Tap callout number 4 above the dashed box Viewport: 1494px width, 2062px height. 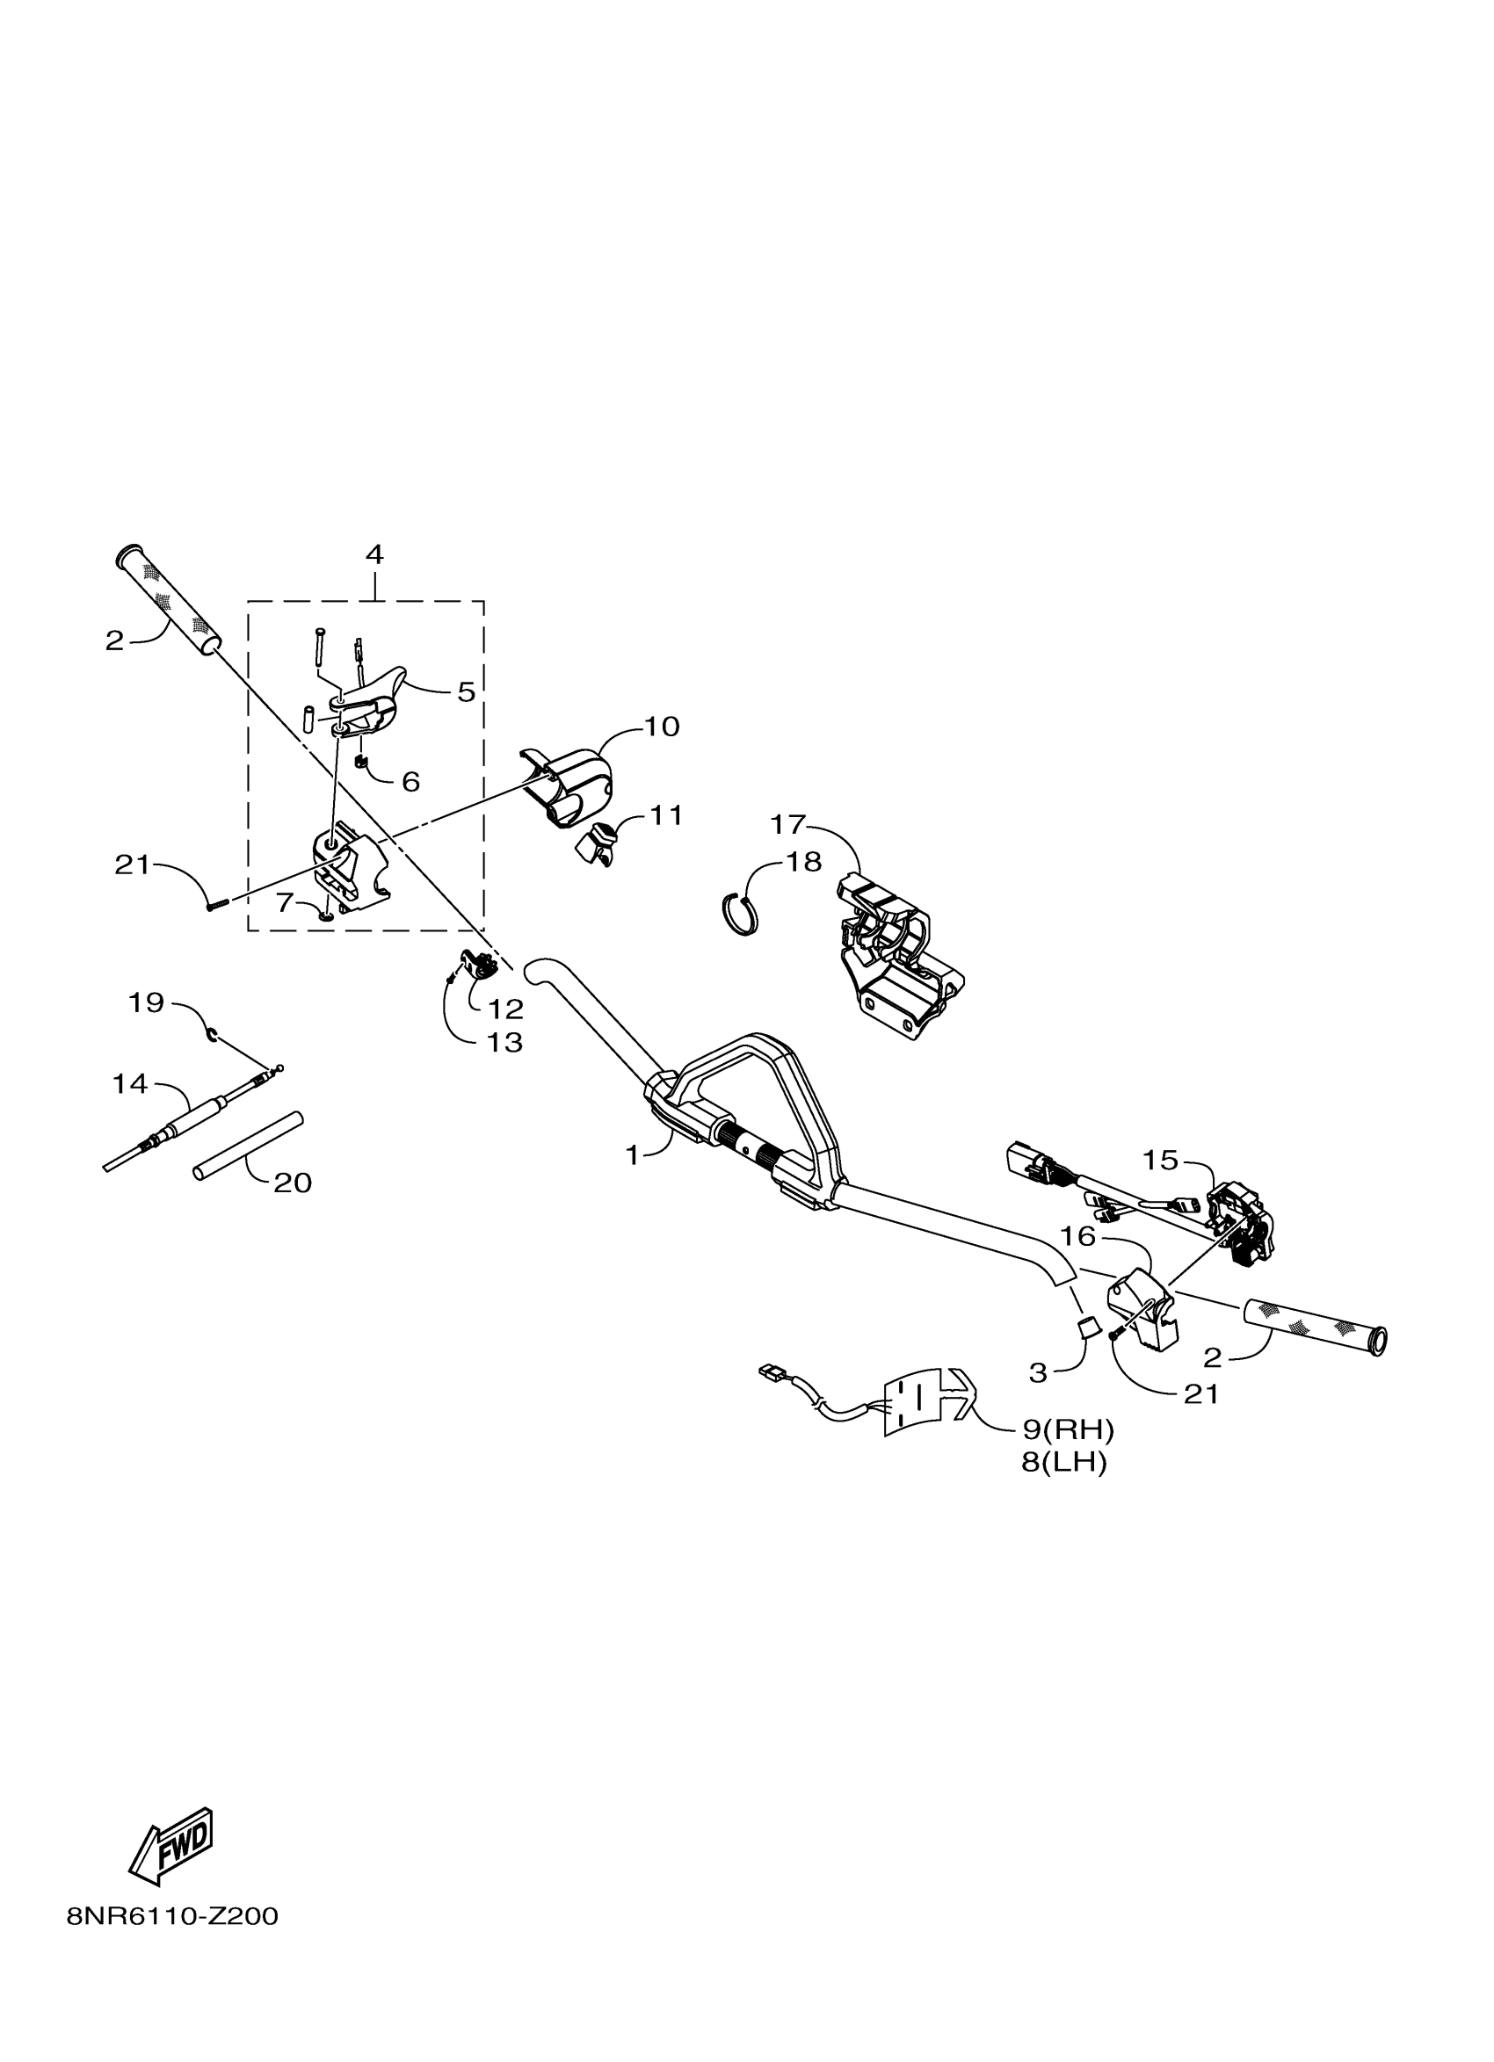[x=373, y=553]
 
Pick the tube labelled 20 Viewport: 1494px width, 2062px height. [x=247, y=1147]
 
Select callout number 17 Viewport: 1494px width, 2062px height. [x=787, y=825]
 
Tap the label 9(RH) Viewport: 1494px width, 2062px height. [x=1069, y=1430]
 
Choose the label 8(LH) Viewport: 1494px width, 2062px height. [x=1064, y=1464]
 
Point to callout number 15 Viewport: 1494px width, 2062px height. [x=1160, y=1160]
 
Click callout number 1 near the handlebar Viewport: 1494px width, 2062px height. [x=633, y=1155]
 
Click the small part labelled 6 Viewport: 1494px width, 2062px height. [x=359, y=760]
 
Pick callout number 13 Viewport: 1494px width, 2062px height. [x=505, y=1042]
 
